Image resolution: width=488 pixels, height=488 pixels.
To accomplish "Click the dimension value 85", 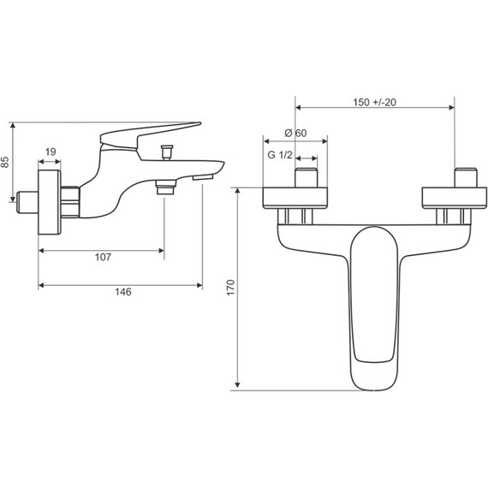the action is coord(5,162).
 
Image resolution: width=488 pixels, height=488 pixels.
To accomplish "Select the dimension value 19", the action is coord(51,152).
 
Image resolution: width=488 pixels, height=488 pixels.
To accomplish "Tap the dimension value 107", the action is coord(103,257).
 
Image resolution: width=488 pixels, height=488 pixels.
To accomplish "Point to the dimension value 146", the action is coord(123,292).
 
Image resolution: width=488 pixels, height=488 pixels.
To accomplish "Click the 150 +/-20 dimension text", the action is coord(374,102).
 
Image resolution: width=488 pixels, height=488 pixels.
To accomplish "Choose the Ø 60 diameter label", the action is coord(295,134).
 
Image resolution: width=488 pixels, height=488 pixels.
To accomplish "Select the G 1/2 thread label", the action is coord(280,155).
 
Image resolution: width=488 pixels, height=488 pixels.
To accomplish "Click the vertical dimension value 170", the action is coord(230,288).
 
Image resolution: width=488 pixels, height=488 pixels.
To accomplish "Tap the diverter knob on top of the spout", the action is coord(166,152).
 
